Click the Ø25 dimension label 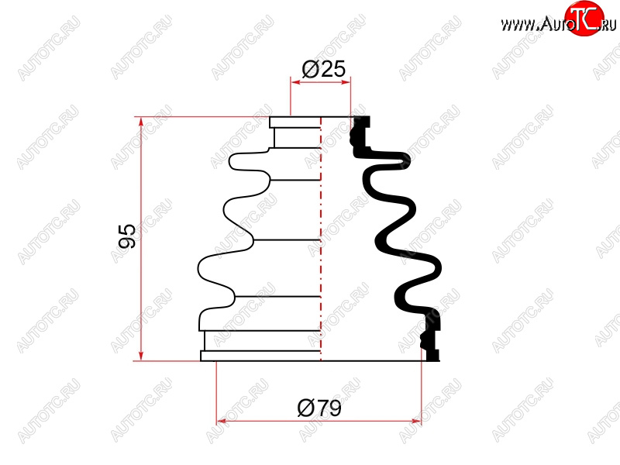pyautogui.click(x=323, y=70)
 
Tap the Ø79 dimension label pyautogui.click(x=319, y=408)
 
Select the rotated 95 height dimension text pyautogui.click(x=127, y=236)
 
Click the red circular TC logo pyautogui.click(x=584, y=18)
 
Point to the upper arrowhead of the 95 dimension pyautogui.click(x=141, y=122)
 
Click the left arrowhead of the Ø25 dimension pyautogui.click(x=295, y=82)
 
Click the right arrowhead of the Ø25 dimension pyautogui.click(x=346, y=82)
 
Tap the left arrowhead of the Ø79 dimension pyautogui.click(x=222, y=421)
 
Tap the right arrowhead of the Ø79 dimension pyautogui.click(x=416, y=421)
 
